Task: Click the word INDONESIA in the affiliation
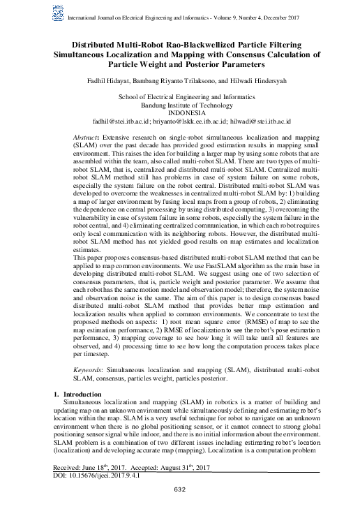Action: (x=179, y=112)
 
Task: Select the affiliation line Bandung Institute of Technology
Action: (x=179, y=105)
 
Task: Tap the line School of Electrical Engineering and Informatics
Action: (x=179, y=97)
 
